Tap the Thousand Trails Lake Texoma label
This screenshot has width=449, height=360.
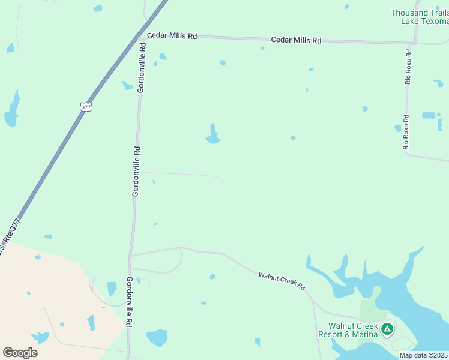coord(420,17)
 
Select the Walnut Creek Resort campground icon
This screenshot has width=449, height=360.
coord(387,328)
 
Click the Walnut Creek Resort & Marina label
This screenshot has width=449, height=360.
coord(349,330)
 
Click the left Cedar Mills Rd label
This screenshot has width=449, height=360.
coord(172,36)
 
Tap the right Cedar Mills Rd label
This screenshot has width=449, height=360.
coord(296,40)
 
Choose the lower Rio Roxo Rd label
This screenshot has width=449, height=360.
coord(406,132)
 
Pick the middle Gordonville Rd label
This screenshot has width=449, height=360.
coord(136,172)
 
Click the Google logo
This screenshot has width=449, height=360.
coord(20,352)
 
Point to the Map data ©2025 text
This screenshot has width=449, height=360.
coord(424,355)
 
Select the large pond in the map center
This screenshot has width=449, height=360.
coord(212,136)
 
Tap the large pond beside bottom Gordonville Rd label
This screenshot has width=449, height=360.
coord(157,337)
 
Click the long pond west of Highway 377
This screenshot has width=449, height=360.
coord(12,110)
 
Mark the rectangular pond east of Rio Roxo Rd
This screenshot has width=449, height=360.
coord(429,115)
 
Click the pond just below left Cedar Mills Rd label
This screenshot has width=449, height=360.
coord(162,57)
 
